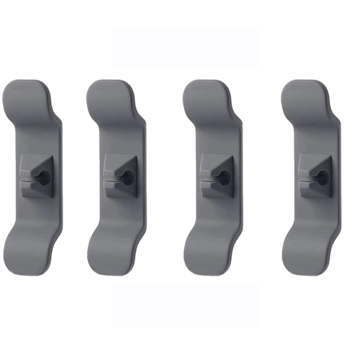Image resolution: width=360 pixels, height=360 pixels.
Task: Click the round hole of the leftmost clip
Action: pos(44,177)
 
